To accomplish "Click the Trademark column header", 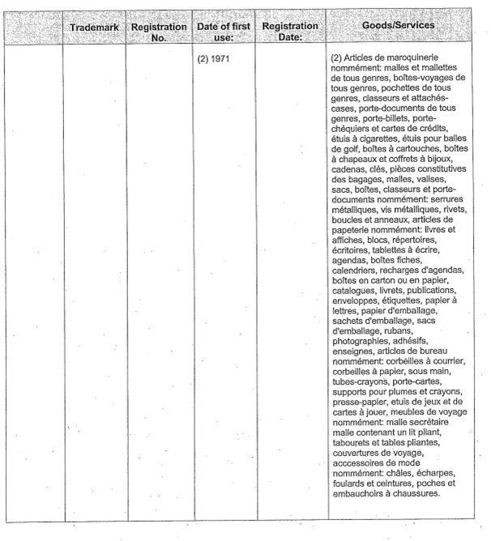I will tap(95, 27).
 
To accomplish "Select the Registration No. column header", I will tap(160, 32).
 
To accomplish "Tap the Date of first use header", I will tap(223, 32).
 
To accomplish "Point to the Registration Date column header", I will tap(289, 32).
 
